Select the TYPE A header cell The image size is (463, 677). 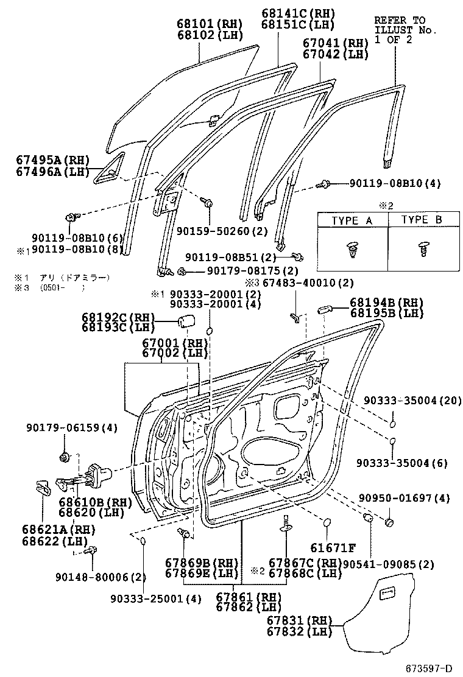[352, 220]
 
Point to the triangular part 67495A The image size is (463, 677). [109, 169]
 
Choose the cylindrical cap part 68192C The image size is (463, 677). [186, 322]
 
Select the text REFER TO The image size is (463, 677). [399, 20]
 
